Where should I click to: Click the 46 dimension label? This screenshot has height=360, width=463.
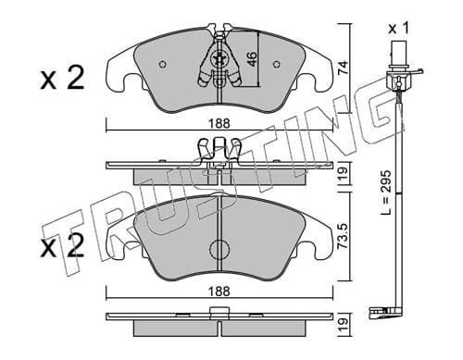(x=252, y=59)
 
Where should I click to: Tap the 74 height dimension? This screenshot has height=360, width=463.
(x=343, y=68)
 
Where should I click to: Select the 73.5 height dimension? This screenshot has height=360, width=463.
(x=343, y=236)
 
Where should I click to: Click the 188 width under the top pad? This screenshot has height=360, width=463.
(x=219, y=124)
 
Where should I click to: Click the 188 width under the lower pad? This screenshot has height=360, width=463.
(x=219, y=292)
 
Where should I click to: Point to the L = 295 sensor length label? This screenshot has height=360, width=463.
(x=386, y=192)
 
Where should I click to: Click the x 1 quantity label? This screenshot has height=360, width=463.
(x=398, y=29)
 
